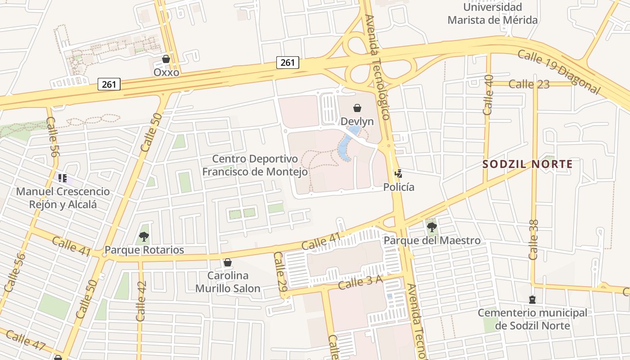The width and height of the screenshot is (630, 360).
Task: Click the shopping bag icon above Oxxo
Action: tap(166, 59)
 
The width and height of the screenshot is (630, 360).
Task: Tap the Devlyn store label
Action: tap(357, 121)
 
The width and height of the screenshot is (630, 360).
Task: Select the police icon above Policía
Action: tap(398, 173)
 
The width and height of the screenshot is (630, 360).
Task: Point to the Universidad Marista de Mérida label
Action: tap(492, 13)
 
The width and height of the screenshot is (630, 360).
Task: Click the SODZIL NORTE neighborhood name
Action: tap(527, 164)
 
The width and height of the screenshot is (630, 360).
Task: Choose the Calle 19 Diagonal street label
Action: tap(559, 72)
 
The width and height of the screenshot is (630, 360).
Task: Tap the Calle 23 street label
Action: tap(529, 84)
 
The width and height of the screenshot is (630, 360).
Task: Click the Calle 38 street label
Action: tap(534, 239)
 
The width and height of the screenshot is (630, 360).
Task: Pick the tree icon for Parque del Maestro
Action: tap(432, 227)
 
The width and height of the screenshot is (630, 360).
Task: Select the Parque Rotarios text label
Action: tap(144, 250)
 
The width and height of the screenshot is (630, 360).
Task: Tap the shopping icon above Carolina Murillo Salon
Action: tap(228, 262)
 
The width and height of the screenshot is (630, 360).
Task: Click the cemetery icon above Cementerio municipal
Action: tap(532, 300)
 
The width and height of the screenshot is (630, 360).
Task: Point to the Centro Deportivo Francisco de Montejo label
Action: tap(255, 165)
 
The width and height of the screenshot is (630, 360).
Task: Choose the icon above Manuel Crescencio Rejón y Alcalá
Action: tap(63, 178)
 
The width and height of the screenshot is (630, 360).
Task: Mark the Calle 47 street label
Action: tap(26, 340)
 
